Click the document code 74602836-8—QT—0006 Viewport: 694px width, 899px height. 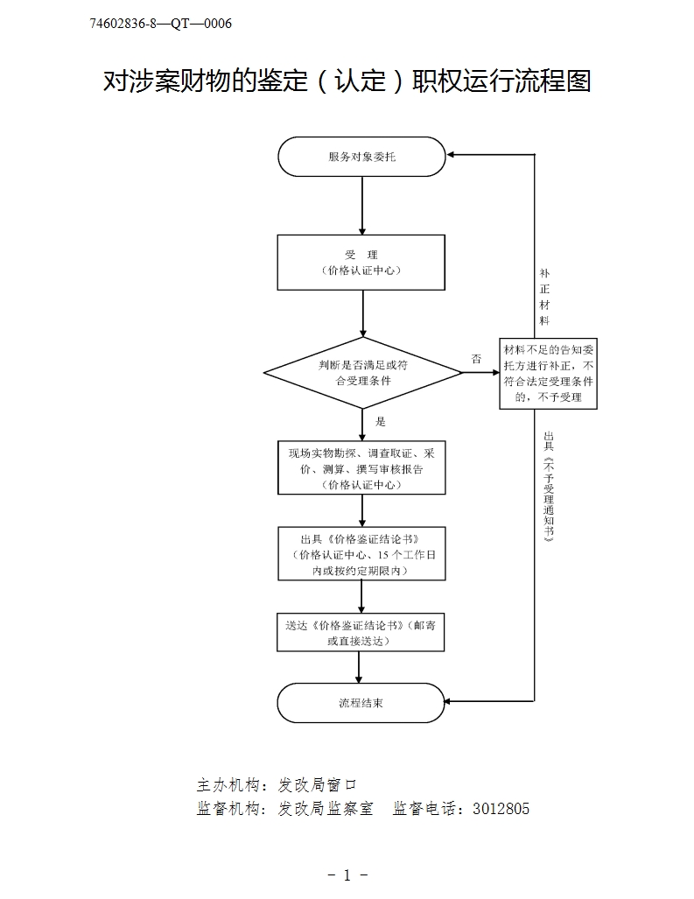pyautogui.click(x=161, y=24)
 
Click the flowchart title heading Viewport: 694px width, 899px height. pyautogui.click(x=347, y=81)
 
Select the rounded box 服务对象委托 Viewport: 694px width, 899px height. pyautogui.click(x=361, y=157)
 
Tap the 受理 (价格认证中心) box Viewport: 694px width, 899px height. pyautogui.click(x=361, y=262)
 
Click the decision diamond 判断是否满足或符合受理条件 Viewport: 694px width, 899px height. pyautogui.click(x=362, y=373)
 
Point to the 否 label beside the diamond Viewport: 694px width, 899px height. pyautogui.click(x=476, y=359)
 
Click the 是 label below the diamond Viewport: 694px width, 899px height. pyautogui.click(x=380, y=421)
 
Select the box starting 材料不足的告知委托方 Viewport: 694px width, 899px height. pyautogui.click(x=549, y=373)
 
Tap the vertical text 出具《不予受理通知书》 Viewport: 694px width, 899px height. pyautogui.click(x=548, y=487)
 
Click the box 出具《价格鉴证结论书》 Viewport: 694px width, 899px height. pyautogui.click(x=361, y=553)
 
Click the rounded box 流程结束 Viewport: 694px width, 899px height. pyautogui.click(x=361, y=702)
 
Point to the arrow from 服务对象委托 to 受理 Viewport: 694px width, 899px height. pyautogui.click(x=361, y=206)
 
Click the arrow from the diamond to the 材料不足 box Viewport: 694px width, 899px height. pyautogui.click(x=480, y=373)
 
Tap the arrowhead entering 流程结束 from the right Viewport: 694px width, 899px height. pyautogui.click(x=450, y=701)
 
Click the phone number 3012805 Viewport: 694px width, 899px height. pyautogui.click(x=501, y=809)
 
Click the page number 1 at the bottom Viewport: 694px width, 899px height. pyautogui.click(x=347, y=874)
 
